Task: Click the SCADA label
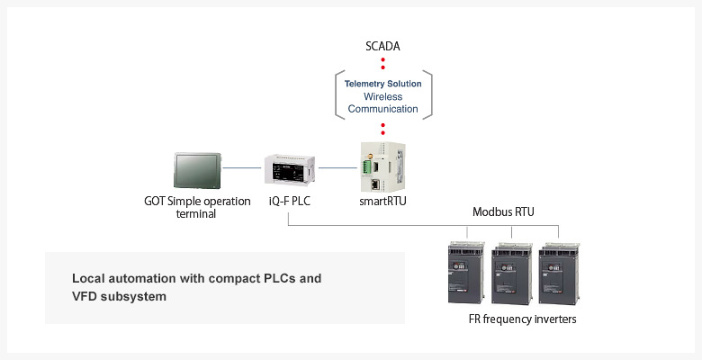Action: point(382,47)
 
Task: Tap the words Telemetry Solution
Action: point(382,84)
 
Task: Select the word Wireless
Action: point(382,96)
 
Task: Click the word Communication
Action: point(382,109)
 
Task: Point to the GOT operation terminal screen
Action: point(197,170)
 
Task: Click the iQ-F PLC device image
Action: point(289,169)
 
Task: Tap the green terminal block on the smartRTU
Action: point(367,168)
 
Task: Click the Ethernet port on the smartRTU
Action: point(376,184)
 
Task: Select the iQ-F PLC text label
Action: point(289,202)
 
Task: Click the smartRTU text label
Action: point(382,202)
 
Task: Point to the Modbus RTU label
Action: point(503,211)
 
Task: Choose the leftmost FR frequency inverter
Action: point(466,272)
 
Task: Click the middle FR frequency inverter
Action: point(512,273)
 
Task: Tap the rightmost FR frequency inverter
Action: point(559,273)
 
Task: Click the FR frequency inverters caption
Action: point(523,319)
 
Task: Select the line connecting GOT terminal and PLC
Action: point(242,168)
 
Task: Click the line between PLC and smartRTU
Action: point(338,168)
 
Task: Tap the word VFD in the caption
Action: point(84,296)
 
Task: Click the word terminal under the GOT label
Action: point(195,214)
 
